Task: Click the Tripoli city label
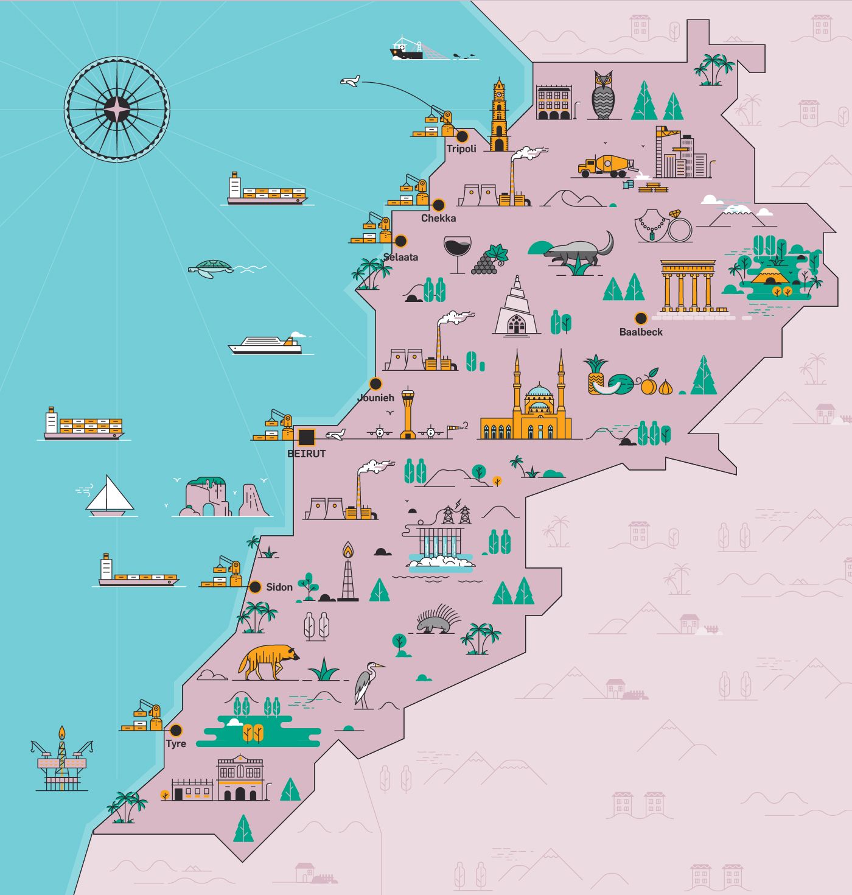pos(461,149)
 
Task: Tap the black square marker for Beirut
pos(306,437)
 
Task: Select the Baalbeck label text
pos(641,332)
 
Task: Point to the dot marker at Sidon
pos(256,588)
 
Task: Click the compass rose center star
pos(117,110)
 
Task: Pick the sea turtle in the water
pos(211,268)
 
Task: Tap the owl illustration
pos(602,96)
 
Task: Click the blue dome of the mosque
pos(539,392)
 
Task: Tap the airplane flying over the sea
pos(350,81)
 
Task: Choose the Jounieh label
pos(375,398)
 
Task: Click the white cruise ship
pos(265,345)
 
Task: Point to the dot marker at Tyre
pos(176,730)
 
